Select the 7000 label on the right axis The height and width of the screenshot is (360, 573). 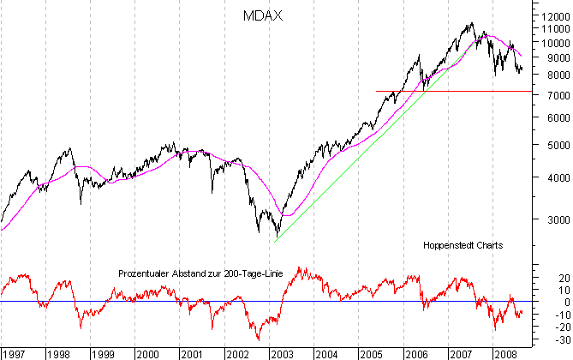tap(552, 96)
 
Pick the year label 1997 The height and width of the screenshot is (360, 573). tap(14, 353)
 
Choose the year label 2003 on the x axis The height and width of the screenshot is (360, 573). tap(281, 353)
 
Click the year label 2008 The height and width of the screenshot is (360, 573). tap(504, 353)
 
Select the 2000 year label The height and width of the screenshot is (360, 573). tap(147, 353)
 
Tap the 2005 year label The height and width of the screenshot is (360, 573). tap(371, 353)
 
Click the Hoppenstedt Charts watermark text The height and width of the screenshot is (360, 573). tap(463, 245)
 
